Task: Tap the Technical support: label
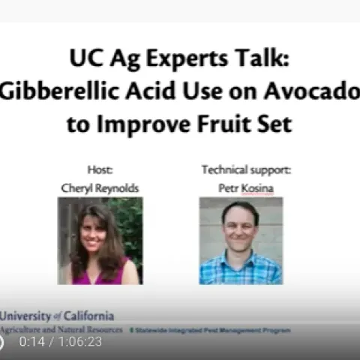tap(245, 169)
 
